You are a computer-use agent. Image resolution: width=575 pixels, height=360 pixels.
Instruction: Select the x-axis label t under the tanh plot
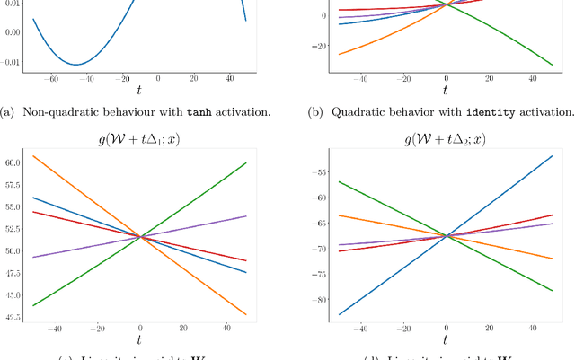point(139,92)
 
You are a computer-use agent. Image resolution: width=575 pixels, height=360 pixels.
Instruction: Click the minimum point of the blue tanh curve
point(79,65)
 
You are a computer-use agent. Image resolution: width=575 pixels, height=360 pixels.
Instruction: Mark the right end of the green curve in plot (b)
point(551,65)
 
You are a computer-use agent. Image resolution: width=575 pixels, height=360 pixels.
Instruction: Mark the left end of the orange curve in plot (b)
point(340,55)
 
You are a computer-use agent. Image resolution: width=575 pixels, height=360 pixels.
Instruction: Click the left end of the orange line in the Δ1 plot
point(33,156)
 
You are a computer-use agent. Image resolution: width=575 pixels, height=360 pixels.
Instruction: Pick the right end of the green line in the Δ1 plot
point(245,162)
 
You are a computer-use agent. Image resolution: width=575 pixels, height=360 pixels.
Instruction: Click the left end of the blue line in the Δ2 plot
point(340,314)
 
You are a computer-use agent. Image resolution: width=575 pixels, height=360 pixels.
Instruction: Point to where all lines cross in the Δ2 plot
point(447,236)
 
